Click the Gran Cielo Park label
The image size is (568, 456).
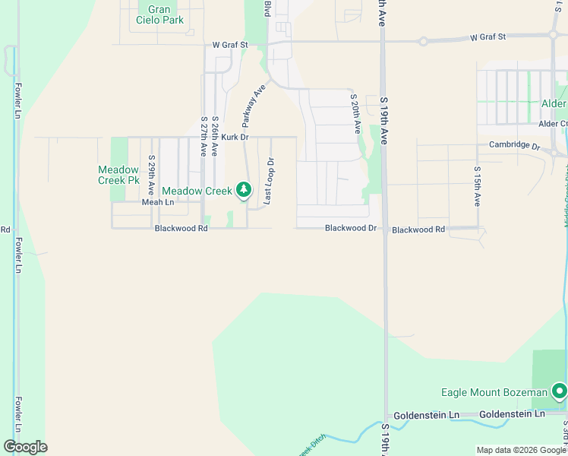(160, 14)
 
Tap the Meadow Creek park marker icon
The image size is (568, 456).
(244, 189)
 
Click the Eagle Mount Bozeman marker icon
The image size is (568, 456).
(560, 391)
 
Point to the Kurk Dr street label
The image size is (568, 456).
(235, 137)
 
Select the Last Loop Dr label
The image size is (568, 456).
(268, 181)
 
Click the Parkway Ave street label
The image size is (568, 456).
(254, 106)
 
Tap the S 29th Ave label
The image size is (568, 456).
(152, 175)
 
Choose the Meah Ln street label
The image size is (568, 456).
(158, 202)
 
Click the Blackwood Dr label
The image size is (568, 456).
(351, 228)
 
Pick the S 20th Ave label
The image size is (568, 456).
(355, 114)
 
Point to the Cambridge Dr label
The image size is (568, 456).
(514, 145)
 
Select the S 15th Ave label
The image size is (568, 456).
(477, 187)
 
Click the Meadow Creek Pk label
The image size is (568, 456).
(118, 175)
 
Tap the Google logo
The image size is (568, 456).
(25, 446)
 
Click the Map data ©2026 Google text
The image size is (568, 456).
(521, 450)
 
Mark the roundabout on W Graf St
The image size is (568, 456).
(422, 40)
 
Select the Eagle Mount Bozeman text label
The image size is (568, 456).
(494, 392)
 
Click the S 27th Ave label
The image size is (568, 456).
(204, 137)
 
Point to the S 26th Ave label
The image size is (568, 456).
(216, 137)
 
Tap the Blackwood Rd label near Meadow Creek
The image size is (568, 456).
(181, 228)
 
